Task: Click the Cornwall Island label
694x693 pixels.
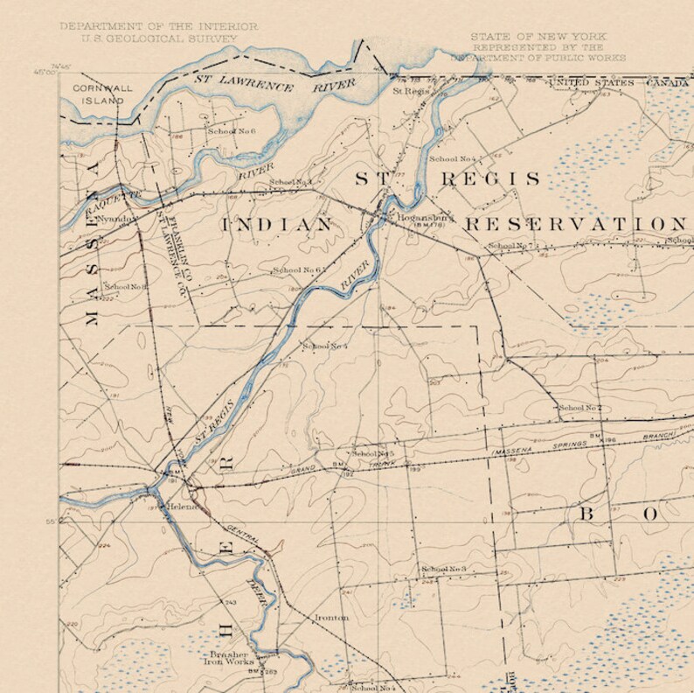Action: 98,94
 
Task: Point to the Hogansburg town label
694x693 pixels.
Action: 423,216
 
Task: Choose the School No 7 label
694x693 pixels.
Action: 510,246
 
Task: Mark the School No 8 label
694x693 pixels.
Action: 125,286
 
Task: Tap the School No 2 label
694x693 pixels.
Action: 580,408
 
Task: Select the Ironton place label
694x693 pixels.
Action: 331,618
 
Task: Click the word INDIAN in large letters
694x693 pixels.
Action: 277,225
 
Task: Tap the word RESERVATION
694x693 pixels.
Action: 573,224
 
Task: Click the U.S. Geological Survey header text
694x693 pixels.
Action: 159,38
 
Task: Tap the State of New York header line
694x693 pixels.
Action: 538,36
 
